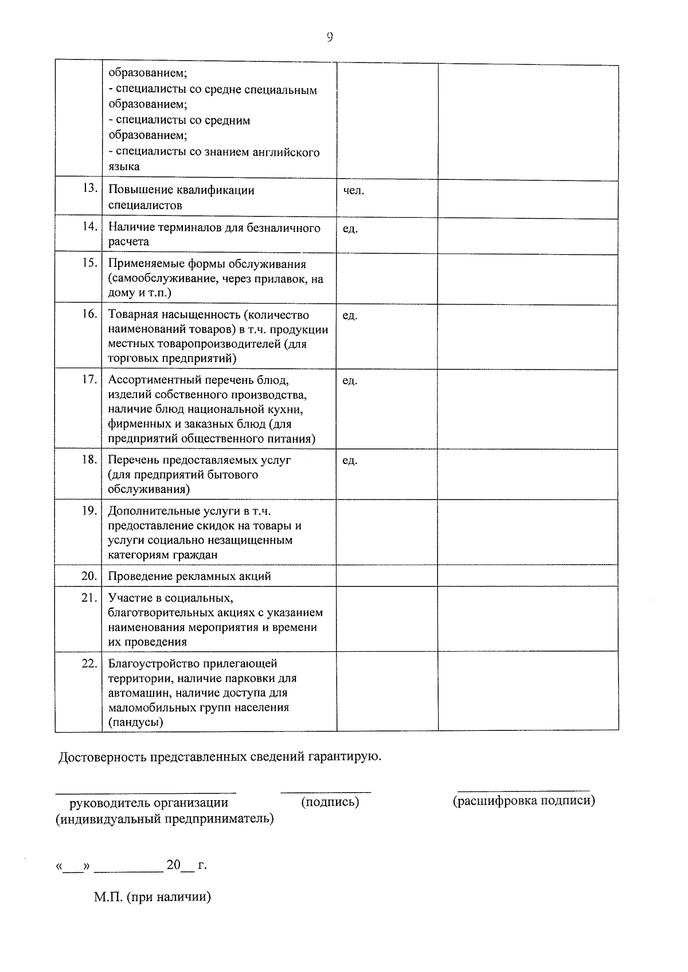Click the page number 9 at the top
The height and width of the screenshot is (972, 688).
(x=330, y=37)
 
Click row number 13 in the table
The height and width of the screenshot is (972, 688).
(x=89, y=188)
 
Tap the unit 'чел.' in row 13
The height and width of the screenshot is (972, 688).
(x=353, y=190)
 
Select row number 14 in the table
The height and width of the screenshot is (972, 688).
(x=89, y=226)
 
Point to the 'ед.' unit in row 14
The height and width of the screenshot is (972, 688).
(x=350, y=229)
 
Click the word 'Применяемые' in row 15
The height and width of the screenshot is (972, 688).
(x=138, y=264)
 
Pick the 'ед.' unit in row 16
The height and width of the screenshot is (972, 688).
(x=350, y=316)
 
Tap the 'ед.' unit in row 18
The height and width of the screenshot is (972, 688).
(x=350, y=461)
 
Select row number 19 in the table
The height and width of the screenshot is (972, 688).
(x=89, y=510)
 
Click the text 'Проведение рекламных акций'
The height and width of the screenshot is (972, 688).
(x=190, y=576)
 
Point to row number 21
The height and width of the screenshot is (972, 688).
(x=89, y=597)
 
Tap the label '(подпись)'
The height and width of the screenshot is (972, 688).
(x=330, y=802)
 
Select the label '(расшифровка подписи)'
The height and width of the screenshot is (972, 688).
(x=524, y=800)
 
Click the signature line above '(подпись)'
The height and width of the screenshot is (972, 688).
(x=325, y=792)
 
